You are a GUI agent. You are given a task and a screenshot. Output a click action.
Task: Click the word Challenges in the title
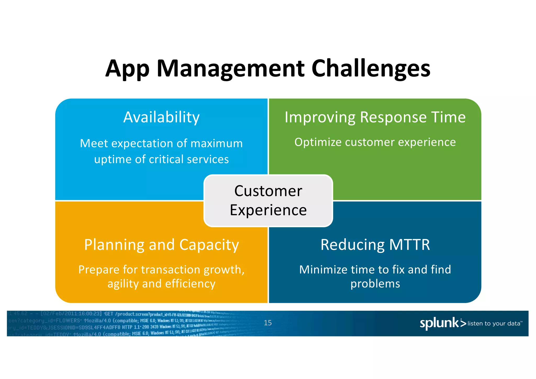(x=371, y=69)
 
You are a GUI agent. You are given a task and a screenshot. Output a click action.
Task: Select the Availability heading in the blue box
(x=161, y=117)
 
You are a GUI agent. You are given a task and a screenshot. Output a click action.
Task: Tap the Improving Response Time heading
(x=375, y=117)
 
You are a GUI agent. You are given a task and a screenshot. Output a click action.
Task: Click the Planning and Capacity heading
(x=161, y=245)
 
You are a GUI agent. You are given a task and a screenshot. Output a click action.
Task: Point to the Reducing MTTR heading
(x=375, y=245)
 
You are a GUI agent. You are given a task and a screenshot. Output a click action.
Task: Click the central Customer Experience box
(x=268, y=200)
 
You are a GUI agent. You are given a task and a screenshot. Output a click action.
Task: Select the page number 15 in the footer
(x=267, y=323)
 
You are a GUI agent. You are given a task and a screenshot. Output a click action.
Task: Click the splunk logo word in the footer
(x=439, y=323)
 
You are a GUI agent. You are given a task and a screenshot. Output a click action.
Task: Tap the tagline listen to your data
(x=494, y=324)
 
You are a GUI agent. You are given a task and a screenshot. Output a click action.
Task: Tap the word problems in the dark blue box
(x=375, y=284)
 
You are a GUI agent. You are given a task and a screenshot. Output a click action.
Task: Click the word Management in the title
(x=231, y=69)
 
